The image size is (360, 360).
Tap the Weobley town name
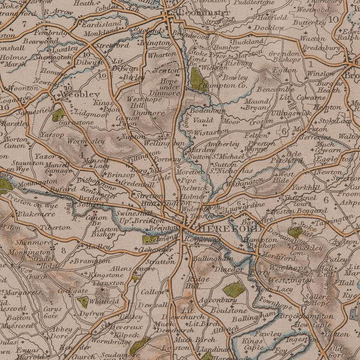coord(80,95)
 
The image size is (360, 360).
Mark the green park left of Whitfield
coord(83,302)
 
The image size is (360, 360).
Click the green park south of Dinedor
coord(234,290)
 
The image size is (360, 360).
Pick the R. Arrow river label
coord(59,11)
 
